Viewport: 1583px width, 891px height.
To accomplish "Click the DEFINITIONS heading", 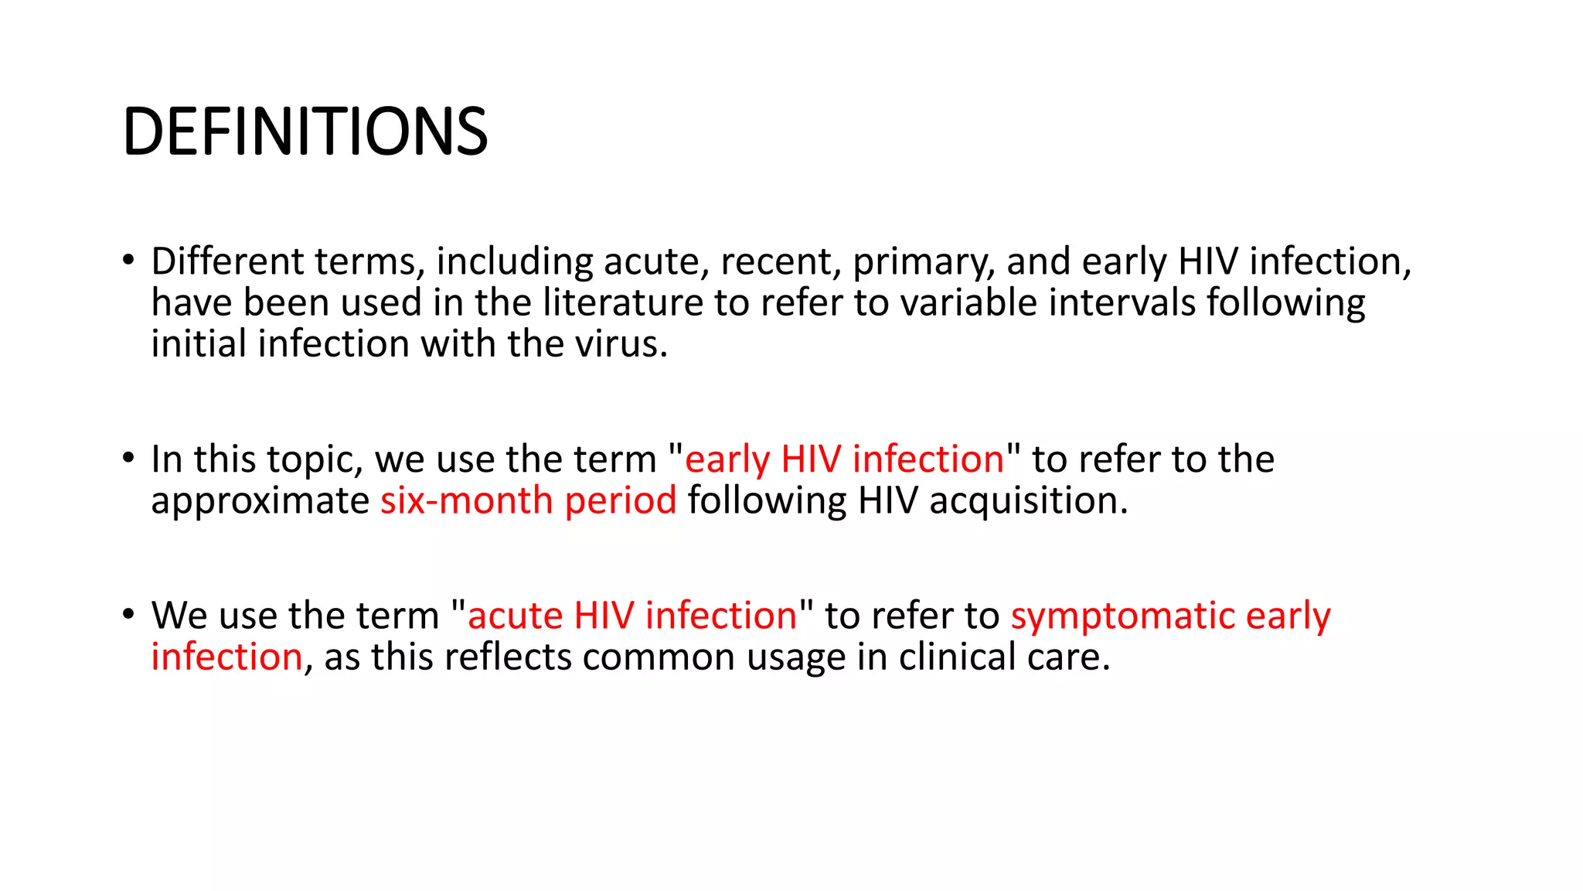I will (x=305, y=131).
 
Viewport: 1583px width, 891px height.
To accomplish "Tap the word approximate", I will (x=260, y=501).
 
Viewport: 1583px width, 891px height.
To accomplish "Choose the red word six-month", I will (x=467, y=500).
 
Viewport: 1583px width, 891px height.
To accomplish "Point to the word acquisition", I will (x=1028, y=501).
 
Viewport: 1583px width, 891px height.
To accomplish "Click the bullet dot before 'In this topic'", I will (x=128, y=457).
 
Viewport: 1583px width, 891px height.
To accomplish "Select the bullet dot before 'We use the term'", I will (x=128, y=614).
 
